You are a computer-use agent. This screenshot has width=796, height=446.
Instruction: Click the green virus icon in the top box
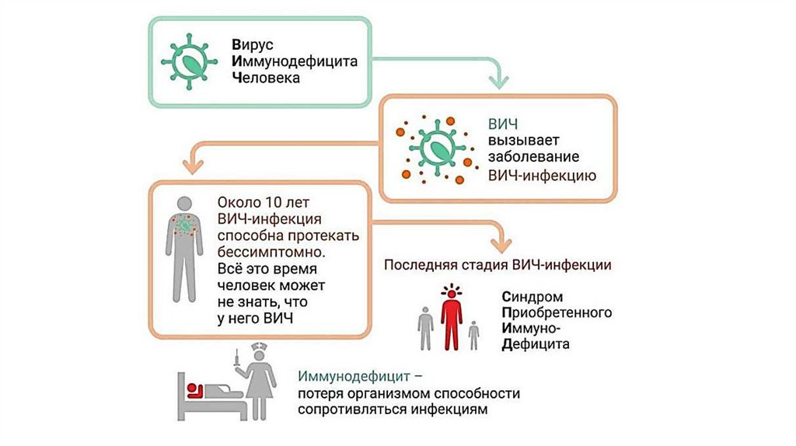click(187, 61)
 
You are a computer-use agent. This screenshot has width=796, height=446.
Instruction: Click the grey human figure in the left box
click(184, 249)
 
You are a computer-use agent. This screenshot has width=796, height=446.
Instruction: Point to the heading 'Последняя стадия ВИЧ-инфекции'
click(497, 265)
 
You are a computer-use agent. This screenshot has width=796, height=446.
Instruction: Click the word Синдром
click(532, 297)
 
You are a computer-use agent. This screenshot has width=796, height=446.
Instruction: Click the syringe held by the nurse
click(236, 360)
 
